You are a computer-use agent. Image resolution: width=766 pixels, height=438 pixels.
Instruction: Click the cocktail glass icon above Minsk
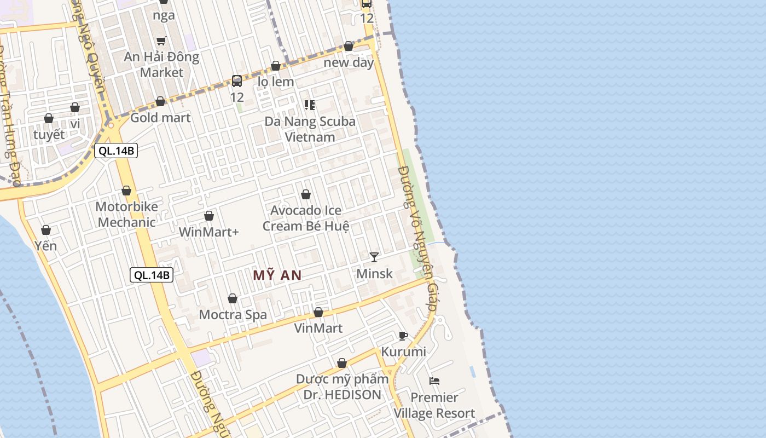click(x=374, y=257)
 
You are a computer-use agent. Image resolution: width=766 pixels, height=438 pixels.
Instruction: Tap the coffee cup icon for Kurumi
click(x=403, y=336)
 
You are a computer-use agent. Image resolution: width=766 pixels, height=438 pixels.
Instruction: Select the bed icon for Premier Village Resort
click(x=435, y=381)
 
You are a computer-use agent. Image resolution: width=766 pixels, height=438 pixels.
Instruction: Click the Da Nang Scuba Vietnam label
click(x=310, y=129)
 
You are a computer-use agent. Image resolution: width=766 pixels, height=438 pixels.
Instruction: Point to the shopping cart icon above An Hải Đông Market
click(x=161, y=41)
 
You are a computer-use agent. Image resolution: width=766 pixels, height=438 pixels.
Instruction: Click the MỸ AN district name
click(x=277, y=275)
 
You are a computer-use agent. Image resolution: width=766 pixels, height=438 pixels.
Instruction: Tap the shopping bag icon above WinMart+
click(x=209, y=216)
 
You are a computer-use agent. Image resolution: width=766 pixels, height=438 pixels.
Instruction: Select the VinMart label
click(x=318, y=328)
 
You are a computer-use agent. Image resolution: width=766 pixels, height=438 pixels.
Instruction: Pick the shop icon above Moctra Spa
click(x=233, y=298)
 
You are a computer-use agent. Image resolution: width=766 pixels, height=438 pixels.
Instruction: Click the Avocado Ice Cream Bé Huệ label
click(x=306, y=218)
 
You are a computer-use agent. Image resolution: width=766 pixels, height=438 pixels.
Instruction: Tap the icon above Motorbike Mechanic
click(x=126, y=191)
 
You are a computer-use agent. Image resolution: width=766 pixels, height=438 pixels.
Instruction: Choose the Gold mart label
click(x=160, y=118)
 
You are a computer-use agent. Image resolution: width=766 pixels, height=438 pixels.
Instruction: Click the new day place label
click(x=349, y=62)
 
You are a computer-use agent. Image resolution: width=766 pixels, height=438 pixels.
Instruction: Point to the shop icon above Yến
click(x=46, y=230)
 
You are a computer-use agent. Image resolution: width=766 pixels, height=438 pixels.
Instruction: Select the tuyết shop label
click(x=49, y=135)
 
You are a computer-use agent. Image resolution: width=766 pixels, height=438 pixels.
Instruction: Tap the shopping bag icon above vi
click(x=75, y=107)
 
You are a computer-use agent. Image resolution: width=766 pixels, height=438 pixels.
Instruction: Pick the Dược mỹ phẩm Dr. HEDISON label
click(x=342, y=387)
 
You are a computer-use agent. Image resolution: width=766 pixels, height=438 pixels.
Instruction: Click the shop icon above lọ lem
click(x=276, y=66)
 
